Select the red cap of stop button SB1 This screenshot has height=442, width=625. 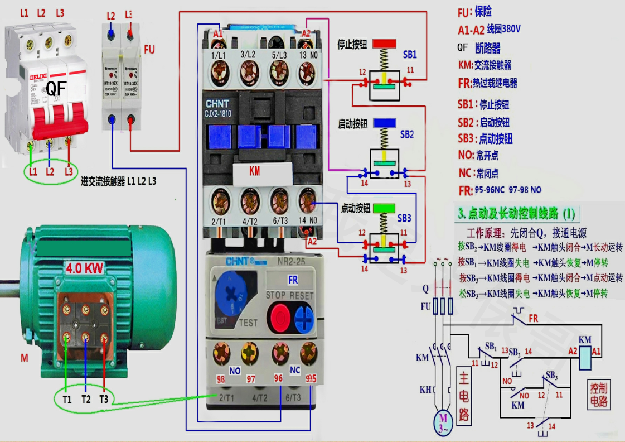pyautogui.click(x=384, y=44)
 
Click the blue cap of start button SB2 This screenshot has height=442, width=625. pyautogui.click(x=385, y=123)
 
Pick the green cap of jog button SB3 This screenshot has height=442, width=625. pyautogui.click(x=384, y=208)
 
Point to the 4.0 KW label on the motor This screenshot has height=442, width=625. pyautogui.click(x=84, y=268)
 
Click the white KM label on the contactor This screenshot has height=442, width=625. pyautogui.click(x=254, y=171)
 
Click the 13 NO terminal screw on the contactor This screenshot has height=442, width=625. pyautogui.click(x=307, y=73)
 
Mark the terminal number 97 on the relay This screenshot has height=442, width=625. pyautogui.click(x=251, y=379)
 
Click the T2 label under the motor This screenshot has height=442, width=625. pyautogui.click(x=85, y=399)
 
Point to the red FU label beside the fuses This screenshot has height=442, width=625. pyautogui.click(x=149, y=50)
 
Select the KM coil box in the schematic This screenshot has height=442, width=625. pyautogui.click(x=585, y=358)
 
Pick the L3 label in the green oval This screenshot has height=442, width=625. pyautogui.click(x=69, y=171)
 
